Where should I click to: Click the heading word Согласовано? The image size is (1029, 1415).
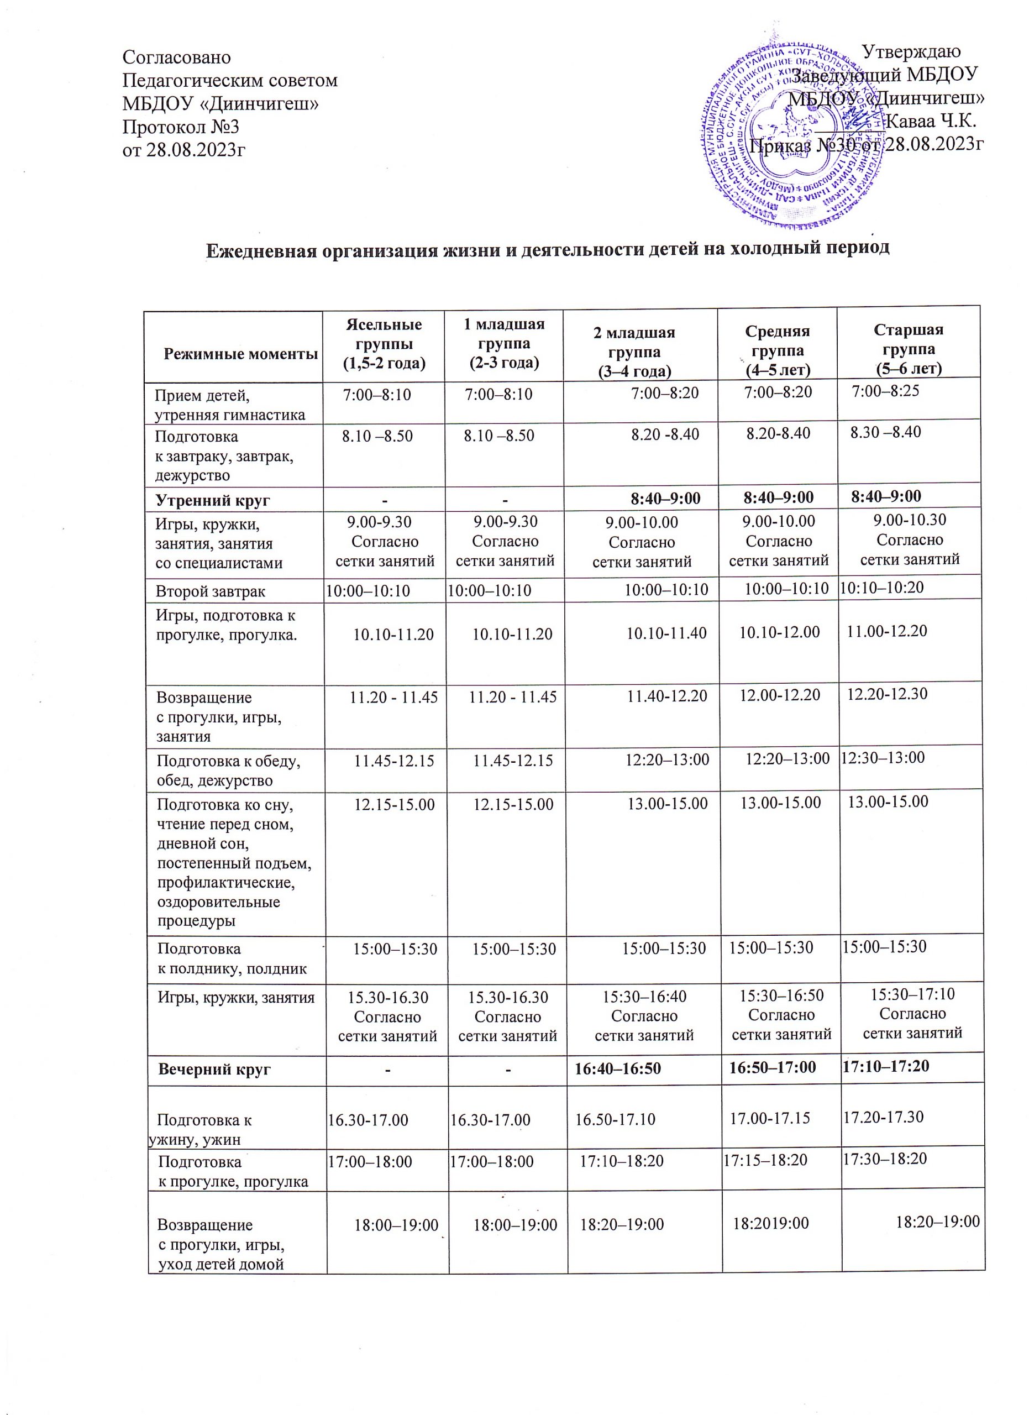click(x=176, y=57)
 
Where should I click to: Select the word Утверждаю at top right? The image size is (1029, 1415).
click(x=913, y=52)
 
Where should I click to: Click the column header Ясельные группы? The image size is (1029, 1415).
click(x=384, y=344)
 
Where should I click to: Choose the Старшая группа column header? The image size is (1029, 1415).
click(x=909, y=348)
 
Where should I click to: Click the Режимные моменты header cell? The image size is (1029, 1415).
click(x=241, y=354)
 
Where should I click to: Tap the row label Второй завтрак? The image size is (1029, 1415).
click(x=211, y=591)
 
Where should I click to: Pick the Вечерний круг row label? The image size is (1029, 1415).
click(x=214, y=1069)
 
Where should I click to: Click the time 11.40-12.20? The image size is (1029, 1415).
click(x=666, y=696)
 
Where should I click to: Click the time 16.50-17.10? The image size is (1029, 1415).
click(x=615, y=1119)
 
